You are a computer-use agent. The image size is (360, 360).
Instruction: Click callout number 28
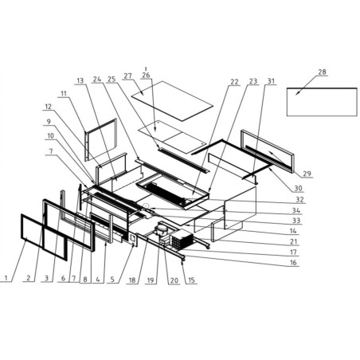point(322,72)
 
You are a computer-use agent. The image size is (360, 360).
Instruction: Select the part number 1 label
point(6,278)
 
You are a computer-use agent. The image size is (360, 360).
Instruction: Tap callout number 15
point(192,280)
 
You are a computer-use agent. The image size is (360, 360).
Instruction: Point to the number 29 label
point(307,174)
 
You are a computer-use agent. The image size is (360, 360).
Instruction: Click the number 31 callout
point(272,81)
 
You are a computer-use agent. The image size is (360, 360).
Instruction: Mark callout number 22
point(233,81)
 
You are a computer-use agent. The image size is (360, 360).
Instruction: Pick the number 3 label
point(47,278)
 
